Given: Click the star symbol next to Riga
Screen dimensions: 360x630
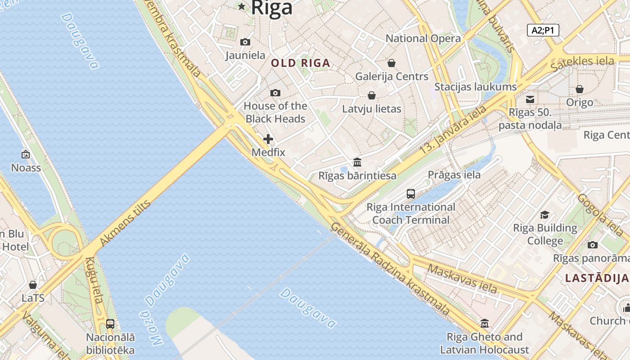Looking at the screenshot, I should [x=242, y=6].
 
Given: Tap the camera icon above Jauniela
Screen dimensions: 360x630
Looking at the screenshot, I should [x=245, y=42].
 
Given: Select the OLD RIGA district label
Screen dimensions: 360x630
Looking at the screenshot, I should [x=301, y=63].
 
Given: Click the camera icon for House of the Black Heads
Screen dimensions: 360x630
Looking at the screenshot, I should [x=275, y=93].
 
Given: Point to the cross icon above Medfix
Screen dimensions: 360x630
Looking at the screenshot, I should [x=268, y=139].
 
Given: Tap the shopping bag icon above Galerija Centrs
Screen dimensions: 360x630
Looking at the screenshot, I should [x=391, y=63].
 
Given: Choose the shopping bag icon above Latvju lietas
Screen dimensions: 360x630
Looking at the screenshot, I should [x=372, y=95].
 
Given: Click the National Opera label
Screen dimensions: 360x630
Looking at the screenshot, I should [x=423, y=39].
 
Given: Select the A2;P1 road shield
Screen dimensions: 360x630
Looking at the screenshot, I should [x=543, y=30].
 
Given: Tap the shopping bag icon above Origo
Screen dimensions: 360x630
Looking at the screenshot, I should [x=580, y=89].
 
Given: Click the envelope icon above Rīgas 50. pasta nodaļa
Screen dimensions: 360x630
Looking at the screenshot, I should [x=530, y=99].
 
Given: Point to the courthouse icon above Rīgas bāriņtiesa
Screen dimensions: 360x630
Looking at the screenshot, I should [x=357, y=162].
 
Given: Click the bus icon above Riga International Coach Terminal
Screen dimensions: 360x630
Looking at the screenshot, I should [x=411, y=193].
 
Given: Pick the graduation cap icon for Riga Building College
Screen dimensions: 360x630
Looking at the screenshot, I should [x=545, y=215].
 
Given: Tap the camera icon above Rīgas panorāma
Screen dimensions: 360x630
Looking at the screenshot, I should [x=593, y=245].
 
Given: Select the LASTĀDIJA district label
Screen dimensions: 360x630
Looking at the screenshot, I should [x=597, y=278].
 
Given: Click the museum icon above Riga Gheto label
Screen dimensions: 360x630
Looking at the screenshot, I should [x=485, y=323].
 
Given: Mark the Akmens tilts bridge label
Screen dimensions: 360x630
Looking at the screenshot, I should [x=125, y=223].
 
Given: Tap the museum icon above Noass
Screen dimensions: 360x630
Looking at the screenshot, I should [x=26, y=154].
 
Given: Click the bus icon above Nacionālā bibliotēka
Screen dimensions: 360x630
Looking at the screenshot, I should [x=110, y=324].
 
